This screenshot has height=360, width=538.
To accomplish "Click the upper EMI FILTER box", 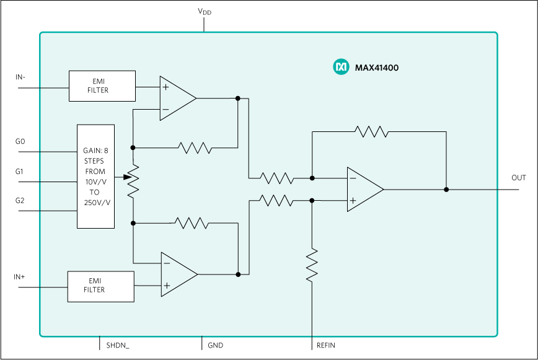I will [x=102, y=86].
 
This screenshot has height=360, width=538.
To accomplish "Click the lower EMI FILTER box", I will [x=100, y=286].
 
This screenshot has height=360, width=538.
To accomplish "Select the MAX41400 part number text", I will [x=376, y=68].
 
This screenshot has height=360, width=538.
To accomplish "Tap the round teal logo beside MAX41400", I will [x=341, y=67].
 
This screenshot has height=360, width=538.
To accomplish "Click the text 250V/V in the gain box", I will [x=97, y=203].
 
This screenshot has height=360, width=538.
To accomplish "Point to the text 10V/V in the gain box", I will [x=95, y=182].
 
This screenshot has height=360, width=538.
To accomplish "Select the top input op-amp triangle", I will [x=176, y=98].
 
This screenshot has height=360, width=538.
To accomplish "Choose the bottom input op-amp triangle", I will [x=177, y=274].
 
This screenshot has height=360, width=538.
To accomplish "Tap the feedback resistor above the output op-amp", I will [x=371, y=131].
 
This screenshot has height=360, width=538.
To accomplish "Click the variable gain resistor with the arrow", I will [x=133, y=180].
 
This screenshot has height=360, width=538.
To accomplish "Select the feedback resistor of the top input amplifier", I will [x=195, y=147].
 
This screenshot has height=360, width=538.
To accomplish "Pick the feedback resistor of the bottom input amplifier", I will [x=192, y=222].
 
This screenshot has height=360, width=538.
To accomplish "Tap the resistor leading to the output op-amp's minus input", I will [x=277, y=178].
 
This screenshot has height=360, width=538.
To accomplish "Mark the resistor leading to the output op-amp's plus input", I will [x=276, y=200].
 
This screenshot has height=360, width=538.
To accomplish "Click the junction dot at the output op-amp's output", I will [x=446, y=190].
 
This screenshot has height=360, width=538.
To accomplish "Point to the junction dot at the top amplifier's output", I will [x=237, y=98].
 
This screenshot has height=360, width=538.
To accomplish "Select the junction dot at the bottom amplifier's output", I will [x=238, y=274].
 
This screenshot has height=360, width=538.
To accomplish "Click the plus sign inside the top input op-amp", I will [x=165, y=87].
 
